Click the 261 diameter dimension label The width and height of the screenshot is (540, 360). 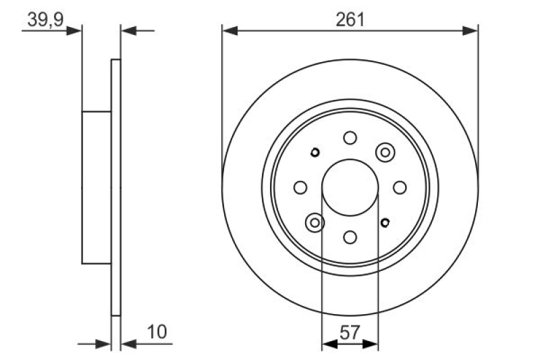click(350, 20)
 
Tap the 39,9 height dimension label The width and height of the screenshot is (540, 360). click(45, 20)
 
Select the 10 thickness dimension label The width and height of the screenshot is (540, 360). click(157, 332)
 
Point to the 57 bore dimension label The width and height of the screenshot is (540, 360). click(350, 333)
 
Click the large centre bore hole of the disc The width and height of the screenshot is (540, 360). click(350, 187)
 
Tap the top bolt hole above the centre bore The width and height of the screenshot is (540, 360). click(350, 138)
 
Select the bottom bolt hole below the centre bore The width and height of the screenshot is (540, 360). click(350, 237)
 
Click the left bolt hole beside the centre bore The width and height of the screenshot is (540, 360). click(300, 187)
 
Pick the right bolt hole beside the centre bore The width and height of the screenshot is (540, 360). click(400, 187)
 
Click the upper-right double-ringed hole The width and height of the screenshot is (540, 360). click(385, 152)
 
